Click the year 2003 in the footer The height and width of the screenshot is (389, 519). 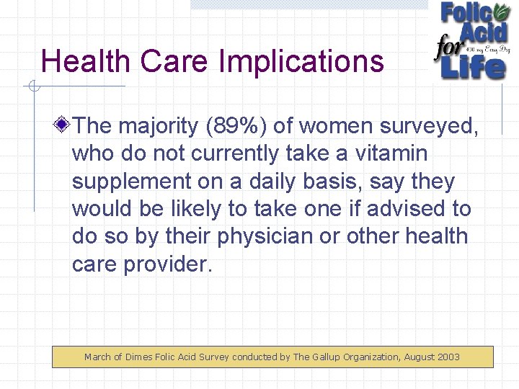[x=447, y=357]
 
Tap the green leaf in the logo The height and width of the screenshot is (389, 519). [x=502, y=12]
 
